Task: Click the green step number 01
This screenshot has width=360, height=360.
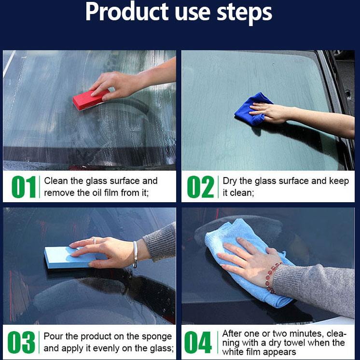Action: [x=24, y=187]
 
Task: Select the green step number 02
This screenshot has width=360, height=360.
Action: [x=200, y=187]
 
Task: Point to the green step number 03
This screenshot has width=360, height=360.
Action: [x=21, y=342]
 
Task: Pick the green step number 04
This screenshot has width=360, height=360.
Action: [x=198, y=342]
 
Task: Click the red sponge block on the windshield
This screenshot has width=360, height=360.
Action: [x=90, y=100]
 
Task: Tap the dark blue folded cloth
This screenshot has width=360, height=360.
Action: [x=253, y=109]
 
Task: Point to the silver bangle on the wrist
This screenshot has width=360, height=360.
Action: [x=136, y=254]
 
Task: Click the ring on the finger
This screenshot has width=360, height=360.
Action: [x=95, y=241]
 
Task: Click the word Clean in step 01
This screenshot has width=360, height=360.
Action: [x=56, y=181]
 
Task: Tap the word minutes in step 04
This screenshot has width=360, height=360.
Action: [x=305, y=333]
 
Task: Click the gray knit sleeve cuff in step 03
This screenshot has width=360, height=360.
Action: [x=159, y=243]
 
